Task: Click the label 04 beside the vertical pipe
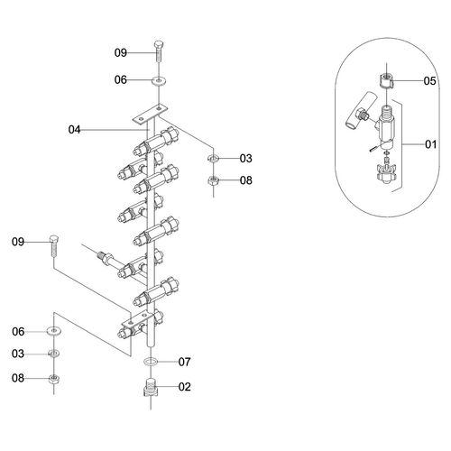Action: [74, 130]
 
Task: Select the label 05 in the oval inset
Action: [429, 80]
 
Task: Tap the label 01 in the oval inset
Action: [430, 144]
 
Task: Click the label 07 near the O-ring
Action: [184, 362]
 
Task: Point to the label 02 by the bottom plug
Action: [184, 387]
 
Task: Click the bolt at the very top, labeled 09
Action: [159, 51]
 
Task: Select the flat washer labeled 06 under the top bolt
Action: [159, 80]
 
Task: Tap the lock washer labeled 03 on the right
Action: [214, 158]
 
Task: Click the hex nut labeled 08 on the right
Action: [214, 180]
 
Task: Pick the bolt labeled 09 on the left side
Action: [54, 245]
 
